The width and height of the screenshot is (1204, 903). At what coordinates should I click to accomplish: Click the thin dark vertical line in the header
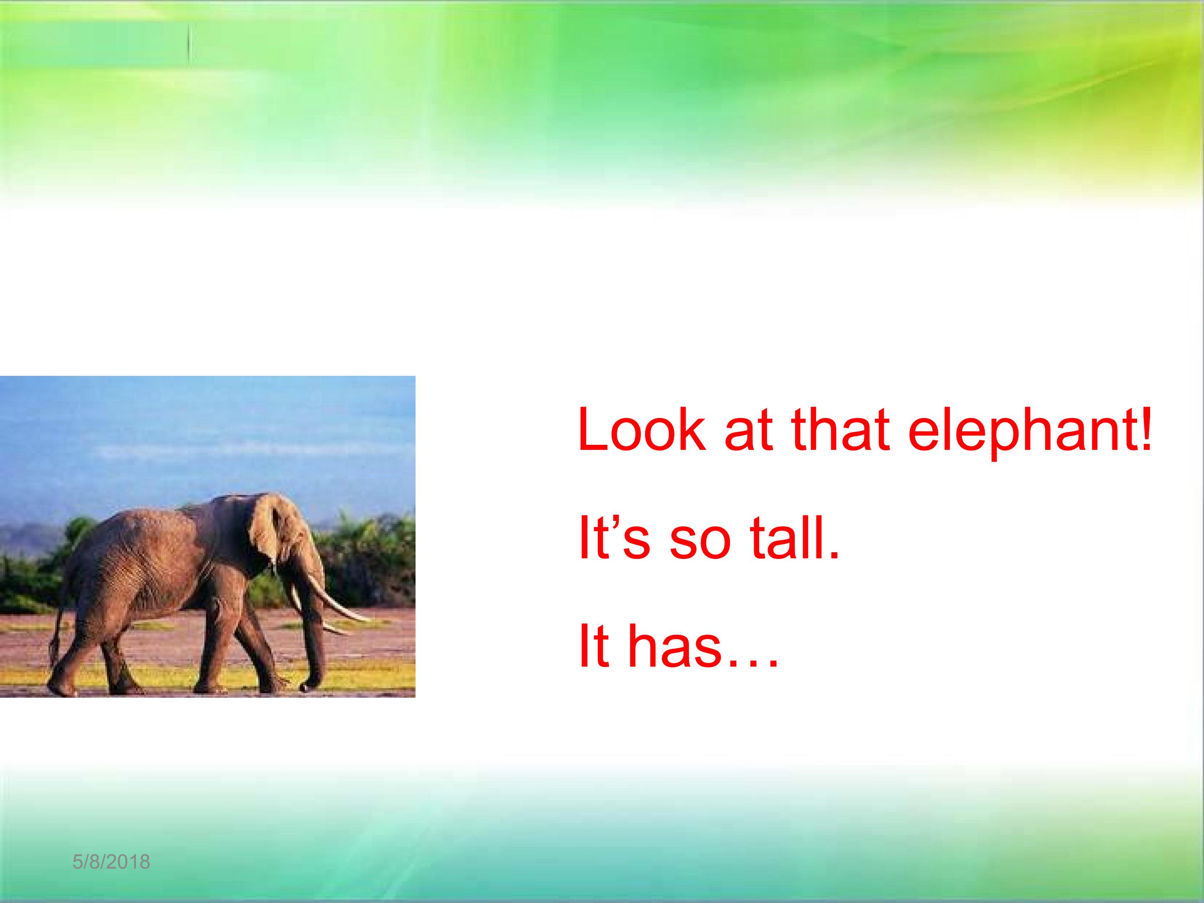coord(189,44)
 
